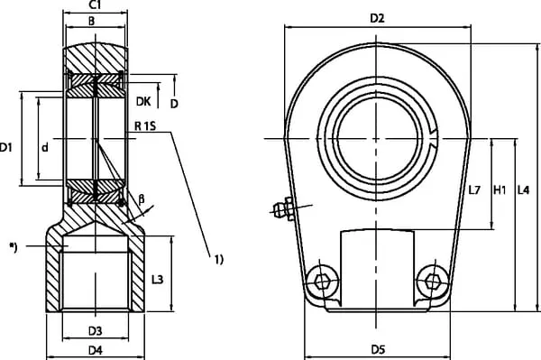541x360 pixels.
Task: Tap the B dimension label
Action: [x=91, y=22]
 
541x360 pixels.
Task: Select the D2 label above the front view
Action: [x=377, y=18]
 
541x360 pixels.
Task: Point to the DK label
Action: [x=143, y=101]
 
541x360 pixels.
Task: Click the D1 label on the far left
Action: [x=6, y=148]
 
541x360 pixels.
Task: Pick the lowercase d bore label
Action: [x=45, y=148]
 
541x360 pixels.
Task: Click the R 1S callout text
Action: [x=145, y=126]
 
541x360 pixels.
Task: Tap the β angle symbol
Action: [x=142, y=199]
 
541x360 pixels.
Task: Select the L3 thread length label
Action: [x=157, y=279]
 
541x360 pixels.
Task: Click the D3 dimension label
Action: [x=96, y=331]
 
